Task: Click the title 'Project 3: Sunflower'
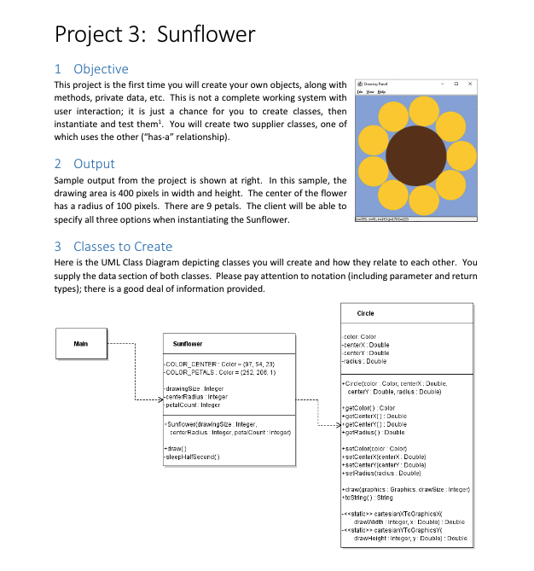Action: pos(154,34)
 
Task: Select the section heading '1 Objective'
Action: pos(91,69)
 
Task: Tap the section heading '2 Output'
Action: pos(84,163)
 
